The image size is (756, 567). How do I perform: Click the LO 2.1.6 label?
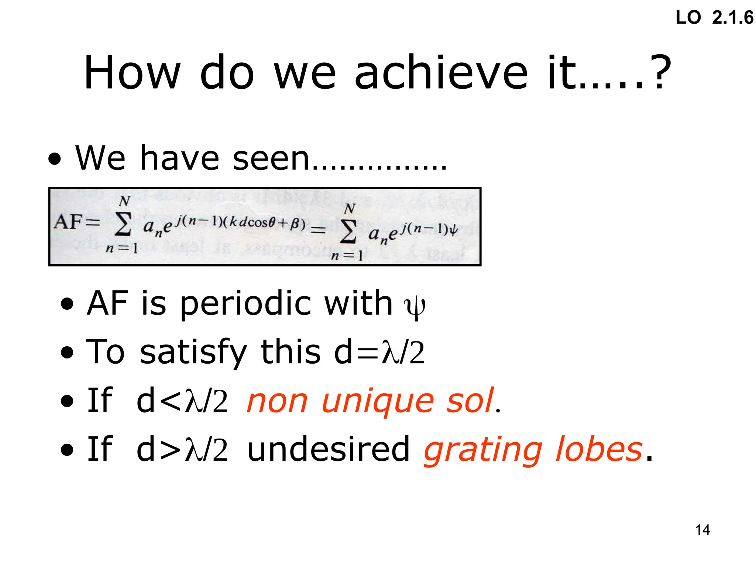click(x=714, y=18)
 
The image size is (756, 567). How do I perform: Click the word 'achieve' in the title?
click(x=441, y=73)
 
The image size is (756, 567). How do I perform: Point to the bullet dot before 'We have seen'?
click(x=55, y=160)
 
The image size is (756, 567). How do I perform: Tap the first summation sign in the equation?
click(x=123, y=224)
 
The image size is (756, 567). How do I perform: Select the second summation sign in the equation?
click(x=348, y=231)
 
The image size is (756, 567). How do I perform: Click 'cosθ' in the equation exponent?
click(x=261, y=222)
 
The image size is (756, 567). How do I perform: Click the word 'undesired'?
click(x=328, y=450)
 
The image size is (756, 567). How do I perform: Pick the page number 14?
click(x=702, y=530)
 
